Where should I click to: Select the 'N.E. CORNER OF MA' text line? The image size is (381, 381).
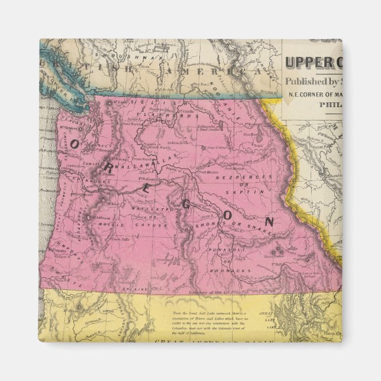[315, 92]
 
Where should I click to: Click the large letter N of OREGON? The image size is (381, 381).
[269, 222]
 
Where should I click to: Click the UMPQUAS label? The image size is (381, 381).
[72, 248]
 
